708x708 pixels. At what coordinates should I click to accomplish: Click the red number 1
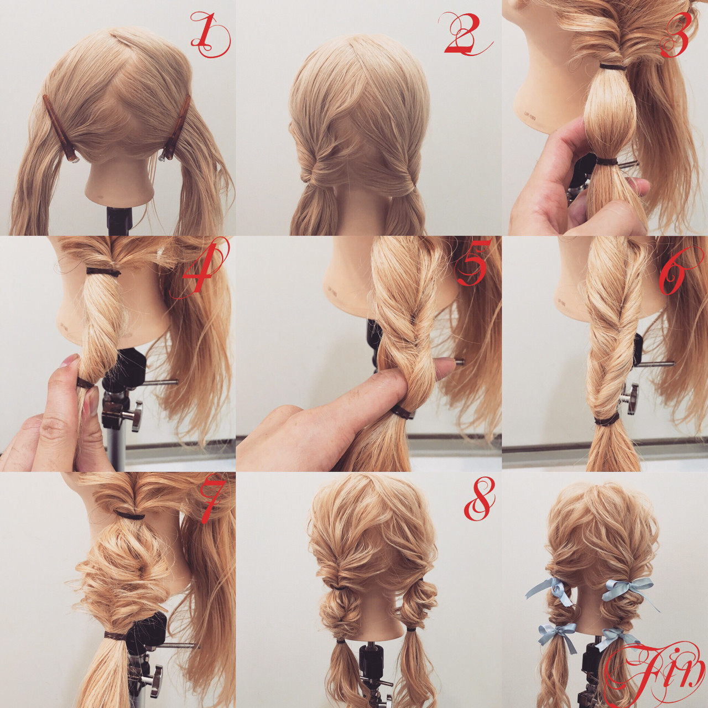(x=210, y=35)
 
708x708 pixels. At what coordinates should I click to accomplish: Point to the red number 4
(x=200, y=270)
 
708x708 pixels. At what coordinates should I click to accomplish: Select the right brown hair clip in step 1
(x=176, y=128)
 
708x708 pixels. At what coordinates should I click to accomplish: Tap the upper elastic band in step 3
(x=613, y=67)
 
